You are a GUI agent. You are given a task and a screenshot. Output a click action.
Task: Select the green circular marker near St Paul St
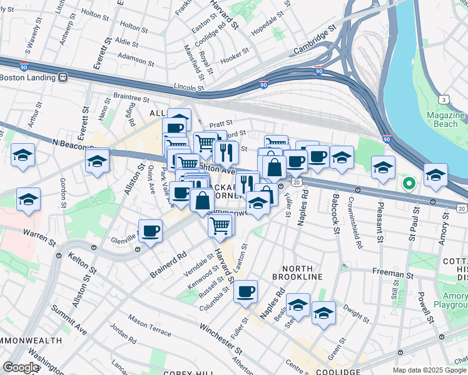click(x=409, y=184)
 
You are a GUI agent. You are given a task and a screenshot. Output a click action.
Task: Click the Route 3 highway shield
click(x=444, y=99)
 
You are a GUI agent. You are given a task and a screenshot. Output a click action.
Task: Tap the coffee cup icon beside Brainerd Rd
click(x=150, y=231)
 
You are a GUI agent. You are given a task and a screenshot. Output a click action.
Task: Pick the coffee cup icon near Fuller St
click(x=246, y=291)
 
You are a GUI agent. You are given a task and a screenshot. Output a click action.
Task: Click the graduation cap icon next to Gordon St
click(x=29, y=199)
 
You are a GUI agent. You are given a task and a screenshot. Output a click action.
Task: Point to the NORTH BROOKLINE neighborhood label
click(x=297, y=276)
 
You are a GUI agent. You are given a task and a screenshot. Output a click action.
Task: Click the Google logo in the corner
click(x=20, y=367)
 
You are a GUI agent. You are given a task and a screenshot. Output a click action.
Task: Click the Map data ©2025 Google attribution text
click(x=429, y=370)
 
